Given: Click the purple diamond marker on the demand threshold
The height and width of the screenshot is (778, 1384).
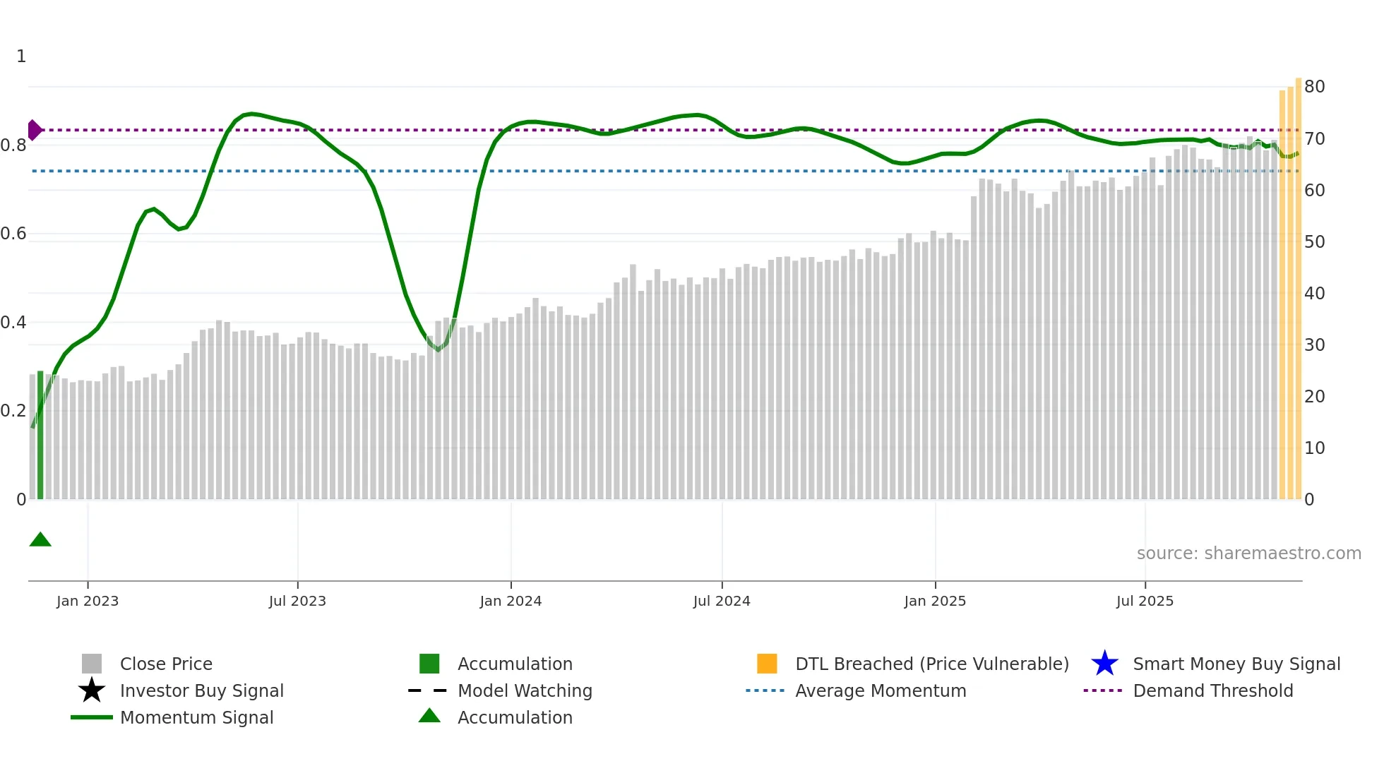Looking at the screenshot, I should pyautogui.click(x=34, y=130).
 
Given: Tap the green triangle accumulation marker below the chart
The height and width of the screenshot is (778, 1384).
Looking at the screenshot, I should pyautogui.click(x=40, y=540).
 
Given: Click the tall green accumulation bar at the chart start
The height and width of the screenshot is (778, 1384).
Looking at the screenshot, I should pyautogui.click(x=40, y=435).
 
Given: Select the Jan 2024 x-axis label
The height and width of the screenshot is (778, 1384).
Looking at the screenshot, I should pyautogui.click(x=511, y=601).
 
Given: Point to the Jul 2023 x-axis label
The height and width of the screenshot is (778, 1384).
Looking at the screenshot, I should pyautogui.click(x=297, y=601).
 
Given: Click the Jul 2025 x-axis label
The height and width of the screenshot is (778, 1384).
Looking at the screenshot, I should pyautogui.click(x=1145, y=601).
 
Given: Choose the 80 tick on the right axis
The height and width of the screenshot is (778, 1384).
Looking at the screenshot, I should pyautogui.click(x=1314, y=87).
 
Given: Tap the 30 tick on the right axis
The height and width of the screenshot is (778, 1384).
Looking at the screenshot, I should pyautogui.click(x=1314, y=345).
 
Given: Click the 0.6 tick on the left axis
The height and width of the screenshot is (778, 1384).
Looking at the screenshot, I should pyautogui.click(x=14, y=234).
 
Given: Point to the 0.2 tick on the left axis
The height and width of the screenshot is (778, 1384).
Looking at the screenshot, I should pyautogui.click(x=14, y=411).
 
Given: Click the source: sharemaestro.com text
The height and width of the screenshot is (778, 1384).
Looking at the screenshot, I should pyautogui.click(x=1248, y=553).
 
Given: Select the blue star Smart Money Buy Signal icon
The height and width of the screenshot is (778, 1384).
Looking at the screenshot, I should pyautogui.click(x=1104, y=664).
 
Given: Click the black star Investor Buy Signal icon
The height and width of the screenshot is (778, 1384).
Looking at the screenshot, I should pyautogui.click(x=92, y=690).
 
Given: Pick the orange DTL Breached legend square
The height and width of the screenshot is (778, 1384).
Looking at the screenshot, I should pyautogui.click(x=767, y=664).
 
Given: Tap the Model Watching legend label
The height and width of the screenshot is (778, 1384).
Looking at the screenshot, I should pyautogui.click(x=525, y=690).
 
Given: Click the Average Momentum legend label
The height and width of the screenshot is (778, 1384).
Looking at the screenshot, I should pyautogui.click(x=881, y=690).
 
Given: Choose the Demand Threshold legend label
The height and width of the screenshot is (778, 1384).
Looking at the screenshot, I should pyautogui.click(x=1212, y=690).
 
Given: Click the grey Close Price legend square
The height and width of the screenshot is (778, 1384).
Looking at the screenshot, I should pyautogui.click(x=92, y=664).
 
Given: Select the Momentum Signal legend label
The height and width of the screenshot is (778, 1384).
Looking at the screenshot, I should pyautogui.click(x=196, y=717).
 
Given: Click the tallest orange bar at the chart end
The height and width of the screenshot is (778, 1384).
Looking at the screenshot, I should pyautogui.click(x=1298, y=289).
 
